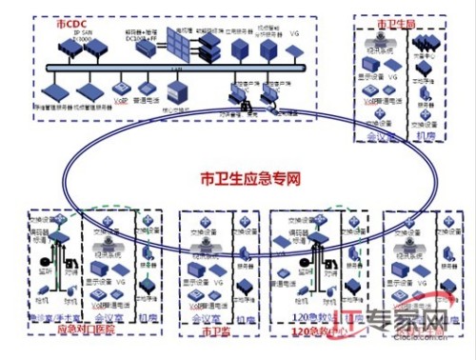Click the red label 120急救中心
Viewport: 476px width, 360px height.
tap(317, 330)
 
